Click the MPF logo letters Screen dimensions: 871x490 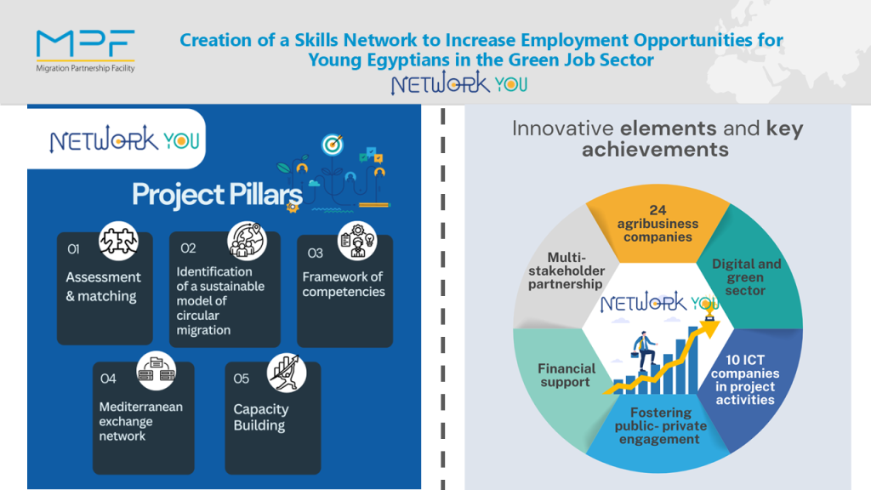click(86, 43)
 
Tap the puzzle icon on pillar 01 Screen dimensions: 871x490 click(118, 241)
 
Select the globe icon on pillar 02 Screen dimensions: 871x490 click(247, 241)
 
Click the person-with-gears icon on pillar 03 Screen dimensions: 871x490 click(357, 241)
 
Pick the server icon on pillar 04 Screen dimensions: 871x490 click(157, 371)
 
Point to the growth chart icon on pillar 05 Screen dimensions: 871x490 click(287, 373)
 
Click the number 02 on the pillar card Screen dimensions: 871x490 click(188, 248)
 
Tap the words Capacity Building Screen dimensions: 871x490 click(260, 417)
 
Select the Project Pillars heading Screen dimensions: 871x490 click(217, 195)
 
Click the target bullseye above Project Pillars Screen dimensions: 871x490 click(333, 145)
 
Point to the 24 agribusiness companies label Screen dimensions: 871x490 click(658, 224)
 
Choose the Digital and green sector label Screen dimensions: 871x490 click(746, 276)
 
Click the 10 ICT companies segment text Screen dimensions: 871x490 click(745, 379)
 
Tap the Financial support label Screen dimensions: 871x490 click(566, 375)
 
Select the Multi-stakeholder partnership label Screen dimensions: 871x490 click(566, 271)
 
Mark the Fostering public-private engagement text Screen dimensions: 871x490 click(660, 425)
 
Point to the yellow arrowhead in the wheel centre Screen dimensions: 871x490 click(709, 328)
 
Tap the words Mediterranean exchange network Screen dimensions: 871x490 click(140, 421)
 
